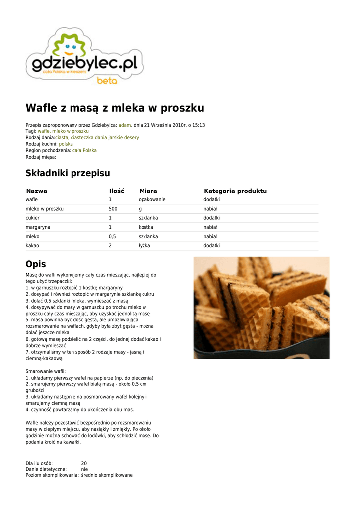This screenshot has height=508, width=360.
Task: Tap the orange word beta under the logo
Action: [x=107, y=81]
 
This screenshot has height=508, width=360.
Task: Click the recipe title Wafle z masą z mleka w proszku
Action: [x=115, y=108]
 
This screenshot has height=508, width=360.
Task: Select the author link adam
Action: [x=124, y=125]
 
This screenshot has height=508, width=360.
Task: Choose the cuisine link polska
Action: [x=66, y=144]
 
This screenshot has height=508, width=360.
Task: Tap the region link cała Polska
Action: [x=84, y=150]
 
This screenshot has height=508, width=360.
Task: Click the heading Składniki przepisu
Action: [x=68, y=173]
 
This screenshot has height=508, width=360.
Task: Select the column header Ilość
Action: [x=116, y=191]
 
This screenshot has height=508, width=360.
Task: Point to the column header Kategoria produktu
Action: [x=235, y=191]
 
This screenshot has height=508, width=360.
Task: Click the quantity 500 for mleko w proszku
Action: [x=113, y=209]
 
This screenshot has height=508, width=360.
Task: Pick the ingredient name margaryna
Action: [x=38, y=227]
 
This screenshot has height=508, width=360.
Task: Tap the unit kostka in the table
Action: [x=146, y=227]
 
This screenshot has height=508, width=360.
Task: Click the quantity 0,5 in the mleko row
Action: [x=112, y=237]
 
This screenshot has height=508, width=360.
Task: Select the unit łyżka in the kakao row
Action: [x=144, y=246]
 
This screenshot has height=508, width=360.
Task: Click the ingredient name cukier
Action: [x=33, y=218]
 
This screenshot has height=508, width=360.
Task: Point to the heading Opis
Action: [x=36, y=264]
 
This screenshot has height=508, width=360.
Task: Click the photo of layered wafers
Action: [x=261, y=308]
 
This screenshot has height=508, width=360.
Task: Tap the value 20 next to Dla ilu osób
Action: [x=84, y=463]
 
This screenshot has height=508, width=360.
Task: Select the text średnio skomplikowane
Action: [x=107, y=475]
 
